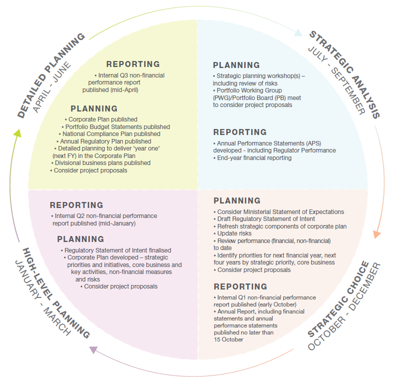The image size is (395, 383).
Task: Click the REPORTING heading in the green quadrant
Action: (x=133, y=64)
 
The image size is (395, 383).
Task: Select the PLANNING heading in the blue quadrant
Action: (x=236, y=65)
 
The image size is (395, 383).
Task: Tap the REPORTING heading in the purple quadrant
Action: (x=76, y=205)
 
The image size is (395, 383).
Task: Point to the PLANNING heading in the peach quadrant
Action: (x=237, y=200)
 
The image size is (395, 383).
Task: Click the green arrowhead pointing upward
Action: (x=17, y=133)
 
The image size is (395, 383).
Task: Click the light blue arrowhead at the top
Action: (x=298, y=33)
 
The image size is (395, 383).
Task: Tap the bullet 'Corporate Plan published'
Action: (x=102, y=119)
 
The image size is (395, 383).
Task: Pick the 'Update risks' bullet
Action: (x=234, y=233)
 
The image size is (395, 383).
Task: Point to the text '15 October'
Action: (x=228, y=339)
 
